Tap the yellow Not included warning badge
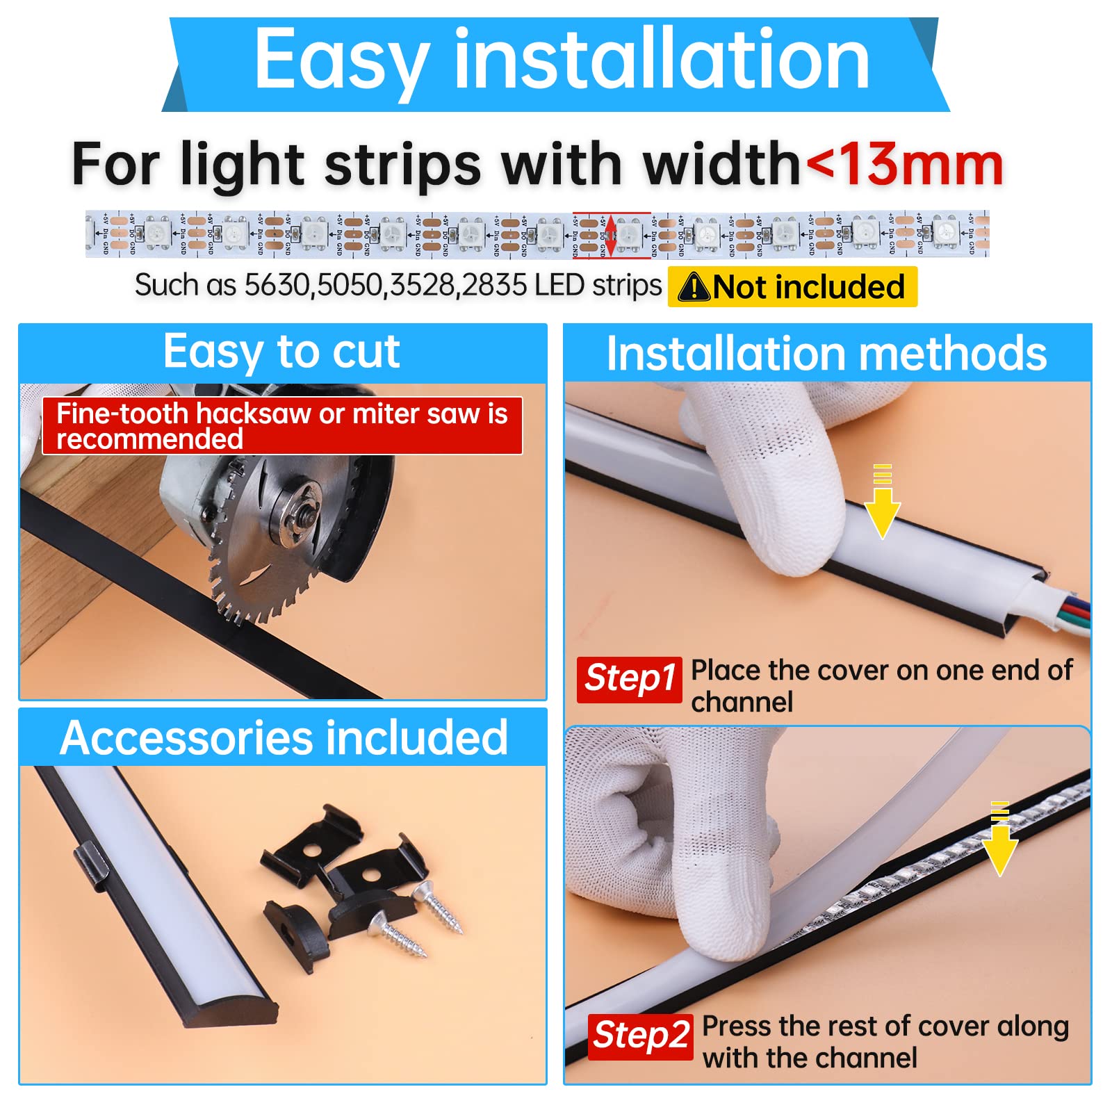[792, 287]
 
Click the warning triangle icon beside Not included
[694, 287]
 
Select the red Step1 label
[630, 679]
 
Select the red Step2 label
[640, 1036]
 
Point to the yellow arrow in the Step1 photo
[882, 507]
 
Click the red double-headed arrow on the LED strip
[611, 236]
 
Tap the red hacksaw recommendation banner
[282, 426]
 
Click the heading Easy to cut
[281, 352]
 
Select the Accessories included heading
[284, 737]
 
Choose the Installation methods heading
[826, 354]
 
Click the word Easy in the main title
[341, 61]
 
